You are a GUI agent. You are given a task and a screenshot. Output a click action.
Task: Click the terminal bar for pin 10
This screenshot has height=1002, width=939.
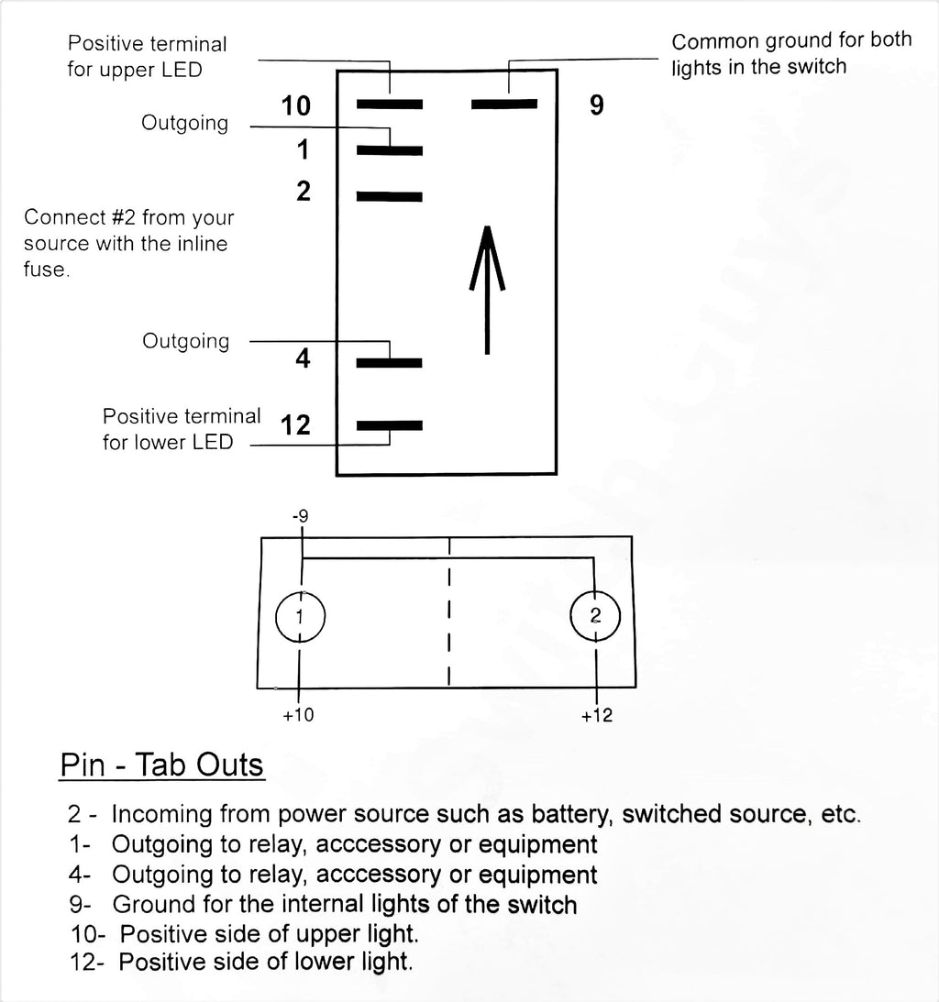click(390, 105)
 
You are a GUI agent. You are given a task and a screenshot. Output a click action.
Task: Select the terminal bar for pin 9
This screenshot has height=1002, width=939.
click(504, 104)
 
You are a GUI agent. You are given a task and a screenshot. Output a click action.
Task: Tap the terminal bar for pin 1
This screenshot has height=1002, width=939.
click(390, 151)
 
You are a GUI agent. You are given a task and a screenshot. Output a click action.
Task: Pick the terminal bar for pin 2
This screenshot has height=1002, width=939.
click(390, 197)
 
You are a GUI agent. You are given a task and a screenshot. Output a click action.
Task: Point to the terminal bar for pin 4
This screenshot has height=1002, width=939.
click(390, 363)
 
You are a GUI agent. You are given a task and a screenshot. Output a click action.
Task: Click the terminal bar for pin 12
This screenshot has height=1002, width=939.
click(390, 425)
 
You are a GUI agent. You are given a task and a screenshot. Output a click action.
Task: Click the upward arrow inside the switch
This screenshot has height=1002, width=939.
click(487, 290)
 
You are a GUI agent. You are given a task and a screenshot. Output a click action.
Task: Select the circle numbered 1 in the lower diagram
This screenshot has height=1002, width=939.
click(301, 593)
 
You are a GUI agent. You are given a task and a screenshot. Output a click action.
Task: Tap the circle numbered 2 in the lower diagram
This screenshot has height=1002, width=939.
click(595, 591)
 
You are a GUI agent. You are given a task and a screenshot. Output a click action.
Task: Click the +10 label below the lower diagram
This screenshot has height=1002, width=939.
click(299, 714)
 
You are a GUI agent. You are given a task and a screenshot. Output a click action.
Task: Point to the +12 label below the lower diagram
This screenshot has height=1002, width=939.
click(597, 715)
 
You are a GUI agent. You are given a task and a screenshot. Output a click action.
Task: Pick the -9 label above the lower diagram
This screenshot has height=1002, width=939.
click(301, 516)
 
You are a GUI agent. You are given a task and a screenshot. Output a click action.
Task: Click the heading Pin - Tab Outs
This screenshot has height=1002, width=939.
click(161, 765)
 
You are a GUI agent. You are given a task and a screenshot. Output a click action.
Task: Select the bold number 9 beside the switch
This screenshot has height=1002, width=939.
click(596, 105)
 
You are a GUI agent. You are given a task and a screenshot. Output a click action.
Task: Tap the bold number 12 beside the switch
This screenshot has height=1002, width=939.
click(295, 425)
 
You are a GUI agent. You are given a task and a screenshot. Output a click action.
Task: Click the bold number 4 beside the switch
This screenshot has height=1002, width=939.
click(303, 358)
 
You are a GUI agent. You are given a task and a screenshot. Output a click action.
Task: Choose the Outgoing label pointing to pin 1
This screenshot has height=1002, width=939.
click(184, 123)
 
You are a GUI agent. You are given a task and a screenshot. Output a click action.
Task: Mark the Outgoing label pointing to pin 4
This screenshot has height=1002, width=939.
click(185, 341)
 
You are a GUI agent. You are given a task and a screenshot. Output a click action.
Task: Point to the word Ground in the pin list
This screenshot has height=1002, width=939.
click(154, 904)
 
